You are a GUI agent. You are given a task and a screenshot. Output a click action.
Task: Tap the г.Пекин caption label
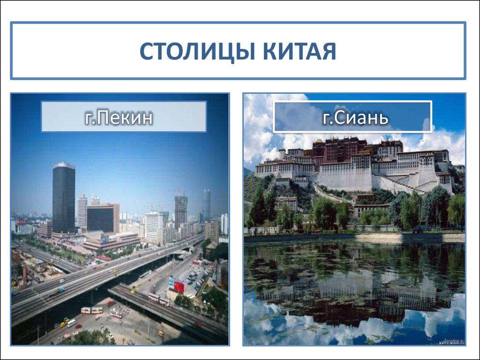(x=124, y=117)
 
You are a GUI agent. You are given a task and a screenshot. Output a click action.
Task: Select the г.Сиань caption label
(x=352, y=117)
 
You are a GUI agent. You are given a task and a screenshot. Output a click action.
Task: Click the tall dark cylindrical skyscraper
(x=64, y=197)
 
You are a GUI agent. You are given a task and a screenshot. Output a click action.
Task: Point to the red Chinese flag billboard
(x=179, y=285)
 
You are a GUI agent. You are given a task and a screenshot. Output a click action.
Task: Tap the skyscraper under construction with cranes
(x=181, y=211)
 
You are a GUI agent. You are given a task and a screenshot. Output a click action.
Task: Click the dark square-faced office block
(x=100, y=218)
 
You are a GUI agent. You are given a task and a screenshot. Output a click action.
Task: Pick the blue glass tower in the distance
(x=206, y=204)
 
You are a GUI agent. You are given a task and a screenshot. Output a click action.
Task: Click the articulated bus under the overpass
(x=91, y=310)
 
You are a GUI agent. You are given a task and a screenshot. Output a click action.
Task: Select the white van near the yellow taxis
(x=71, y=323)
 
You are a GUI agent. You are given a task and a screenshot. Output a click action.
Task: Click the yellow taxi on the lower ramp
(x=161, y=333)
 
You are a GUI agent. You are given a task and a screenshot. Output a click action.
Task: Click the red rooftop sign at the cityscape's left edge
(x=21, y=222)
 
